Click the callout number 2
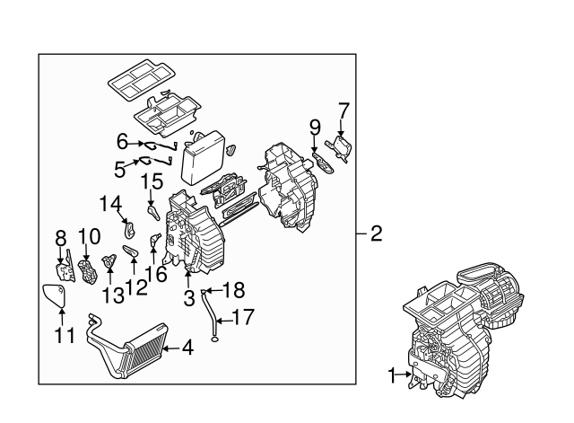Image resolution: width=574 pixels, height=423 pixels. tap(377, 234)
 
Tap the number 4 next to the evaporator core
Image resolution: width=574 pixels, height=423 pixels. tap(188, 347)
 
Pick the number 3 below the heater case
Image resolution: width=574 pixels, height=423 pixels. tap(188, 297)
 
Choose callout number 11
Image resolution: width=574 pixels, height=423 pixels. tap(61, 336)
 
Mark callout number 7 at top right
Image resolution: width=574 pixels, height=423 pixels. tap(342, 110)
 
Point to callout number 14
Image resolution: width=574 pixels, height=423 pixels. tap(110, 205)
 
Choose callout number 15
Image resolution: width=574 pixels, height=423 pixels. tap(152, 182)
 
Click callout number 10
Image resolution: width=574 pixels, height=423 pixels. tap(88, 237)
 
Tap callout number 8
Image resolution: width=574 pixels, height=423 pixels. tap(61, 237)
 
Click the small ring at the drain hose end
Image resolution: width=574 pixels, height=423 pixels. tap(214, 339)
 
